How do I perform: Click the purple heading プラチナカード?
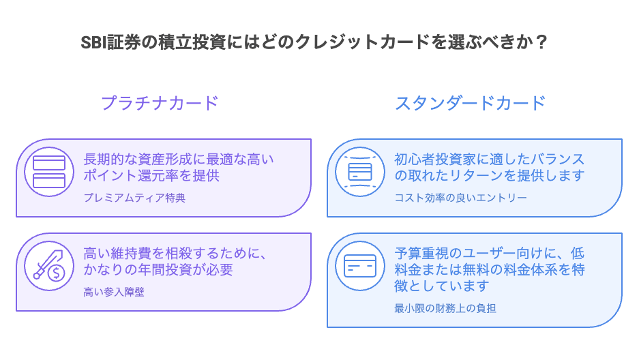160,103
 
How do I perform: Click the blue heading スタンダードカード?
471,103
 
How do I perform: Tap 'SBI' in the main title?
93,42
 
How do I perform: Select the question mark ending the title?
541,42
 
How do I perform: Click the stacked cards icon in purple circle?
49,172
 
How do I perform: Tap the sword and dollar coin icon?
49,265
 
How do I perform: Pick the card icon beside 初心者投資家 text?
360,172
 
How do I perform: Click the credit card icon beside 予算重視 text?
360,265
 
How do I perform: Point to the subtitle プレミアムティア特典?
134,198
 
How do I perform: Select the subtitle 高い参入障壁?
114,292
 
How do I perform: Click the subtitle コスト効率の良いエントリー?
460,198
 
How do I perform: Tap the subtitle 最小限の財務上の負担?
445,308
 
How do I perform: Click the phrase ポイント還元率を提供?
151,175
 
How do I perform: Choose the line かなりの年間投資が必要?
158,269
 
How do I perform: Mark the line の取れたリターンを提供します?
490,175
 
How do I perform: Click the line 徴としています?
442,286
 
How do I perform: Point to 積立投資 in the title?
192,42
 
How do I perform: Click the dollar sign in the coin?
56,273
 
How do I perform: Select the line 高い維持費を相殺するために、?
175,254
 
